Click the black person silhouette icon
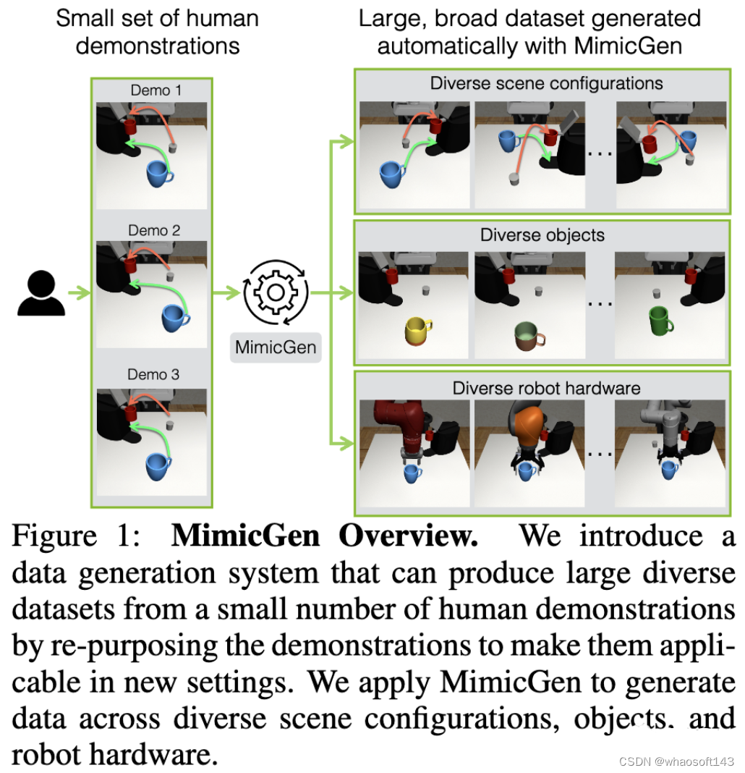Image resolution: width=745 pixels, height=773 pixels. coord(41,293)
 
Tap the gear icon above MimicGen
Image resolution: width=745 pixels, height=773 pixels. coord(276,293)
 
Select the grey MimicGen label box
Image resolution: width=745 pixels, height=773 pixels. coord(276,347)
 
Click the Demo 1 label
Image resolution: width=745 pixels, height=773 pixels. coord(156,90)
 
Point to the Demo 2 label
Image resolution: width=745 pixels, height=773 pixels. coord(154,231)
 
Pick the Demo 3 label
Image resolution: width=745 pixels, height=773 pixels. coord(153,374)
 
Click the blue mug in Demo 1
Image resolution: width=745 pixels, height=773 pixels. coord(159,174)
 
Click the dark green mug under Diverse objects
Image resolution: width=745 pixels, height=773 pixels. coord(660,319)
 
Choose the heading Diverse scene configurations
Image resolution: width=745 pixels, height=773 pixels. coord(546,83)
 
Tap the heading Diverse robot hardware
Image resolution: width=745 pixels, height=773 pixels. coord(546,388)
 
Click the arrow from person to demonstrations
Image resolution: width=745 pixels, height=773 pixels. coord(78,294)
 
